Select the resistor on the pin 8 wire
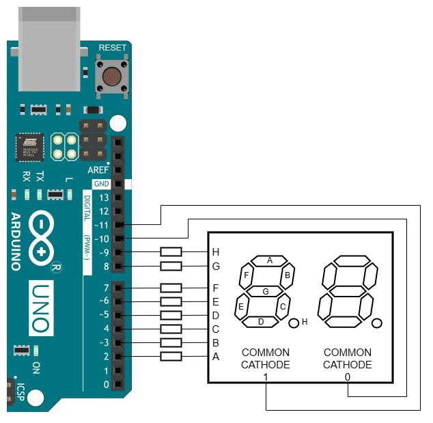point(171,266)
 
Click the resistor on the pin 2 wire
point(171,356)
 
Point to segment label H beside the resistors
point(216,251)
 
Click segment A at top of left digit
point(270,260)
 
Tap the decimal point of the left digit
point(294,323)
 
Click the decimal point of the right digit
point(376,323)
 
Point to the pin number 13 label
point(104,197)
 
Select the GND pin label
point(101,184)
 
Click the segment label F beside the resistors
point(216,288)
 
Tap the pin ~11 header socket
point(120,224)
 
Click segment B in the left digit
point(288,275)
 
